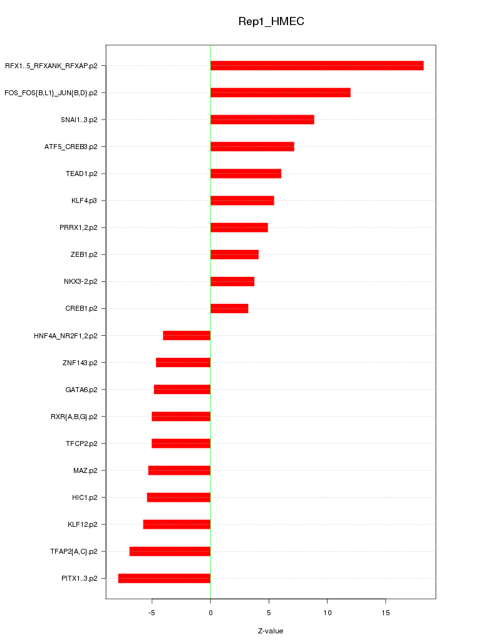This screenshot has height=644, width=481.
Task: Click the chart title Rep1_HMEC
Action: pos(271,21)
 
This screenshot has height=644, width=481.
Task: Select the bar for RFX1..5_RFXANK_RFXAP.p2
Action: pos(317,66)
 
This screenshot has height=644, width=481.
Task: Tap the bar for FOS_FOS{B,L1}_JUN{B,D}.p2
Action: pos(280,93)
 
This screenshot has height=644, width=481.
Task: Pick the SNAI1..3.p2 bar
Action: pos(262,120)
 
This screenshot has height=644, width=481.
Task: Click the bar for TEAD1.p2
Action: pos(246,174)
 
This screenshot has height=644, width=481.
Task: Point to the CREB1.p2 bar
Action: pos(229,308)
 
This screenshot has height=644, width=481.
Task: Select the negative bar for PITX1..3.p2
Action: pos(164,578)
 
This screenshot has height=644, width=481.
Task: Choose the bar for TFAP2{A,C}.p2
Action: pos(170,551)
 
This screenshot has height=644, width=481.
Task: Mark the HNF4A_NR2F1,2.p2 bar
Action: pos(187,335)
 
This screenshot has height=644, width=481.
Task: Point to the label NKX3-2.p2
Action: pos(81,281)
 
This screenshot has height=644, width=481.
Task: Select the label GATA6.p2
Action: pos(81,390)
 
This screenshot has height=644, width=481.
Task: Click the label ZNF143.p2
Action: pos(80,362)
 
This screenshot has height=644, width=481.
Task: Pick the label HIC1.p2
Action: pos(85,497)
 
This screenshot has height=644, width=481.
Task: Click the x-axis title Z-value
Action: pos(271,631)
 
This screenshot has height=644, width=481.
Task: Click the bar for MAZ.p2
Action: pos(179,470)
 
